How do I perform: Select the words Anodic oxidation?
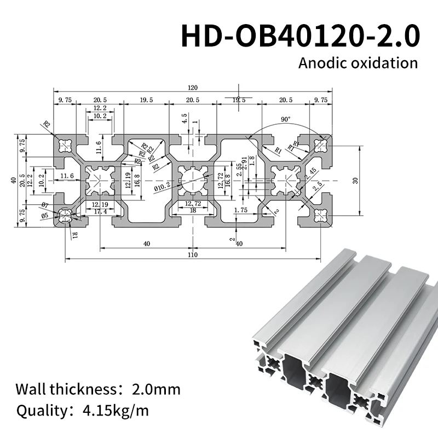(358, 62)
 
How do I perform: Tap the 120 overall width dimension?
(193, 88)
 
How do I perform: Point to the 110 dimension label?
(193, 254)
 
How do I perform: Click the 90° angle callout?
(285, 119)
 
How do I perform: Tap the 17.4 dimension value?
(100, 211)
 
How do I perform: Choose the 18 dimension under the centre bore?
(193, 211)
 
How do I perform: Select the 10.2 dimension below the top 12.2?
(100, 116)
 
